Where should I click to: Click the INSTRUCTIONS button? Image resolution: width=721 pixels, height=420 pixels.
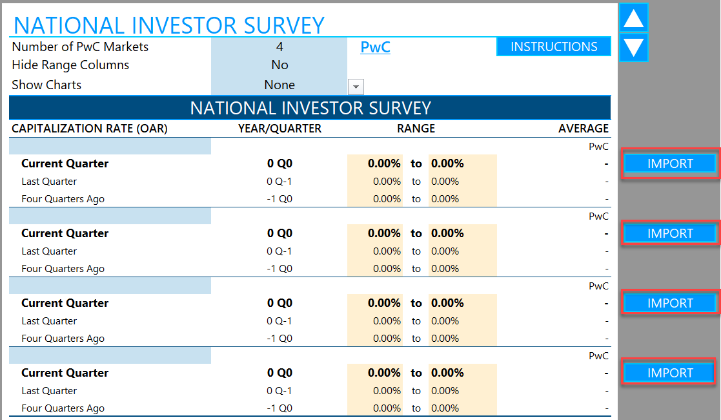[553, 47]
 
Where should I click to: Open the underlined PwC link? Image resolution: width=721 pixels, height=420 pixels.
[375, 47]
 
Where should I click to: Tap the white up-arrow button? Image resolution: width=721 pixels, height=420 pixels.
[633, 18]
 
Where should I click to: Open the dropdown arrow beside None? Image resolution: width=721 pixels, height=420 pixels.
[356, 87]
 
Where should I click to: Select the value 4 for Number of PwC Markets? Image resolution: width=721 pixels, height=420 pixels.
[279, 47]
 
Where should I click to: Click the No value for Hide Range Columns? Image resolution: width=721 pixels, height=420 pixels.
[279, 65]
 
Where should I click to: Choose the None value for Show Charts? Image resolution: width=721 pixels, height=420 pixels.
[279, 85]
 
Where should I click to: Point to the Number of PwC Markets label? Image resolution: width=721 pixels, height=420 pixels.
[80, 47]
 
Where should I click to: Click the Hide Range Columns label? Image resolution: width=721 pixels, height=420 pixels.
[70, 65]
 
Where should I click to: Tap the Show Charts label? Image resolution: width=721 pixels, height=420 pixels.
[46, 85]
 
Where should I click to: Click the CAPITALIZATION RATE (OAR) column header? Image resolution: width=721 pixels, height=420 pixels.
[89, 129]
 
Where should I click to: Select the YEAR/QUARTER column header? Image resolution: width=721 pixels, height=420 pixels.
[279, 129]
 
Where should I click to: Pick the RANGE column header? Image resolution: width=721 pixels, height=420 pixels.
[416, 129]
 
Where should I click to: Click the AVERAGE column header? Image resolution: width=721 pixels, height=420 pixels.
[583, 129]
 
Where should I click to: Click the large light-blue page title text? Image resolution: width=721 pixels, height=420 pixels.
[169, 25]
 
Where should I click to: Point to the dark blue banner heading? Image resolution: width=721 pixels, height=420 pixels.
[310, 107]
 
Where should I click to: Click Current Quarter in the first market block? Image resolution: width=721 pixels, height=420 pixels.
[65, 163]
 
